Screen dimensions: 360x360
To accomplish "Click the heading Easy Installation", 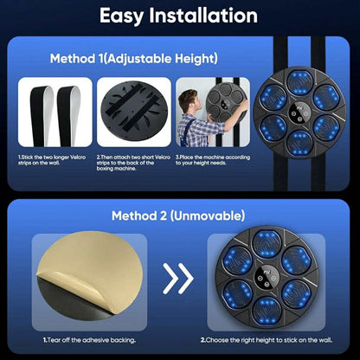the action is pyautogui.click(x=178, y=16).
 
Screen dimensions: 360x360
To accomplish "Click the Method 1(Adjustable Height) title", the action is pyautogui.click(x=134, y=59).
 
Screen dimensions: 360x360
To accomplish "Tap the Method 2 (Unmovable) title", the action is pyautogui.click(x=178, y=215).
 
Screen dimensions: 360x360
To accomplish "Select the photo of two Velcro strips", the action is pyautogui.click(x=55, y=112).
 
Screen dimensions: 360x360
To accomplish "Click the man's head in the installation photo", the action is pyautogui.click(x=188, y=100).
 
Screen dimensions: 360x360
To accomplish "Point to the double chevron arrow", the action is pyautogui.click(x=178, y=279).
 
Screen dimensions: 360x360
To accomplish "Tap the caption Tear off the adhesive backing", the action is pyautogui.click(x=89, y=340).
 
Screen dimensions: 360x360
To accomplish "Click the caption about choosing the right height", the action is pyautogui.click(x=267, y=340).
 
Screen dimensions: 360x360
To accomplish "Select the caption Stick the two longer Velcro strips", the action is pyautogui.click(x=52, y=160).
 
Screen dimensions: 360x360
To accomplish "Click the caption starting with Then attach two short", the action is pyautogui.click(x=133, y=163).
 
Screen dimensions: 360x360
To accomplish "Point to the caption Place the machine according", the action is pyautogui.click(x=213, y=160).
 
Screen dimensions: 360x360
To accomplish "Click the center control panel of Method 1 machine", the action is pyautogui.click(x=299, y=112).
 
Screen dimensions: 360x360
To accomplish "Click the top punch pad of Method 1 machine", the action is pyautogui.click(x=299, y=82).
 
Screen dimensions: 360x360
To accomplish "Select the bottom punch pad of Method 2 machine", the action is pyautogui.click(x=267, y=311).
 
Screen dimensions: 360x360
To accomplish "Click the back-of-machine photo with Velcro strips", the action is pyautogui.click(x=134, y=112).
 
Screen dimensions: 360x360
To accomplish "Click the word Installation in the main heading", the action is pyautogui.click(x=203, y=16).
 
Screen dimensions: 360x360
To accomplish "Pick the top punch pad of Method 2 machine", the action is pyautogui.click(x=267, y=244).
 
